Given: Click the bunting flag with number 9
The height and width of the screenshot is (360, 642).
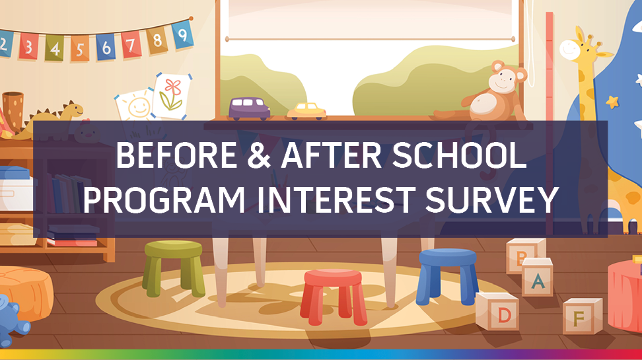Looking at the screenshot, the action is [x=182, y=34].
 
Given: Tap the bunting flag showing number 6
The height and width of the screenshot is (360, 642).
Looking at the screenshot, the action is [x=106, y=47].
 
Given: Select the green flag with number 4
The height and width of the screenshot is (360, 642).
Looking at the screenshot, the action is [x=54, y=48].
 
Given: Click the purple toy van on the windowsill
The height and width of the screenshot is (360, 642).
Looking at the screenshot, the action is [x=249, y=108].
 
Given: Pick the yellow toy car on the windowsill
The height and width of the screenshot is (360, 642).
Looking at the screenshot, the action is [x=306, y=112].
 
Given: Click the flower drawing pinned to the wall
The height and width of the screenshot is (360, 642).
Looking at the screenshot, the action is [x=172, y=96].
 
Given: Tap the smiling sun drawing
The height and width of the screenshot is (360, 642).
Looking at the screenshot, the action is [x=135, y=106].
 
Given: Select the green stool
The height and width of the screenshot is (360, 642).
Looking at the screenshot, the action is [x=173, y=268].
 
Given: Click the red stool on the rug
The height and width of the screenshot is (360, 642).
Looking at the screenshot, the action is [x=334, y=297].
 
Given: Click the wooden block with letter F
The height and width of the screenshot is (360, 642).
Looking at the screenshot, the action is [x=582, y=316].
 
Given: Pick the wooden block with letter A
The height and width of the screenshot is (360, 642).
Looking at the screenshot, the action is [x=537, y=277].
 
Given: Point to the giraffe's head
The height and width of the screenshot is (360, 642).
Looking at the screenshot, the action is [x=581, y=48].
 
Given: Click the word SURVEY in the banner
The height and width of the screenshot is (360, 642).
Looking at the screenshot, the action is [x=491, y=200].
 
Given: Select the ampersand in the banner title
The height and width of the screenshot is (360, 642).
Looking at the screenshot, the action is [x=259, y=156].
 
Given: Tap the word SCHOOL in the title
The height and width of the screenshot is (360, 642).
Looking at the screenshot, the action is [x=459, y=155].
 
